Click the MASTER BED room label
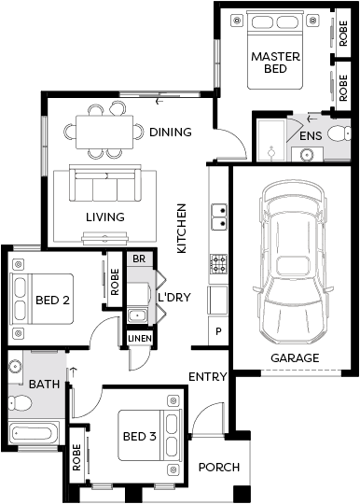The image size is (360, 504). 275,63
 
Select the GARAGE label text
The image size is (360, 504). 295,358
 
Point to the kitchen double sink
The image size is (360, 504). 219,217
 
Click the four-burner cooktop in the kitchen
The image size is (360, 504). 218,264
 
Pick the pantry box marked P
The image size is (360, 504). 218,331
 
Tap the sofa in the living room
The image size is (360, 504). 105,183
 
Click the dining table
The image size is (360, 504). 104,132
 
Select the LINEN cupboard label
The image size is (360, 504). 140,339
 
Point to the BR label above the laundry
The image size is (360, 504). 139,259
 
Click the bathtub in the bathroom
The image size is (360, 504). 34,433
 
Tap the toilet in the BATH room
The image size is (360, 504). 20,402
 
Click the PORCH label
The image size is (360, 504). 219,467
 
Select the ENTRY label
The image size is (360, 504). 208,377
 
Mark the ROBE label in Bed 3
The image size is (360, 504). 76,457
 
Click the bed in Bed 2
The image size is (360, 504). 42,299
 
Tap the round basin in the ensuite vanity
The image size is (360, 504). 308,155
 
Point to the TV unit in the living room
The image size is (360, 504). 105,238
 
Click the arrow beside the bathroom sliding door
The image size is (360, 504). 74,371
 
